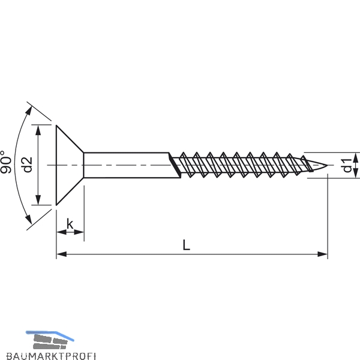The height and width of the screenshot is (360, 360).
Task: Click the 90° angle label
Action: (6, 162)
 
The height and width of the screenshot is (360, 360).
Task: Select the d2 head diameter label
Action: (28, 164)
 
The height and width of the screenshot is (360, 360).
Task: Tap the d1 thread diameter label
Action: (347, 166)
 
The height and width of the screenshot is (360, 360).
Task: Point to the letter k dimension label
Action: (70, 224)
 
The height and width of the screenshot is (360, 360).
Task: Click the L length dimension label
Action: (186, 245)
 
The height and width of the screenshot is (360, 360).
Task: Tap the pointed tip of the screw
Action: (327, 165)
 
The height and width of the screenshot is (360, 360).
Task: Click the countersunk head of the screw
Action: (70, 165)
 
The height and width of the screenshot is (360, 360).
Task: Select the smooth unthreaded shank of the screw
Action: (128, 165)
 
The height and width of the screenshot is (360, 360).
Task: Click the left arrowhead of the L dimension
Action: (62, 254)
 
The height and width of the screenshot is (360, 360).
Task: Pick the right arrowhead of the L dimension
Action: (322, 254)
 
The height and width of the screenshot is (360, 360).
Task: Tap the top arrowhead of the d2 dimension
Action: (38, 130)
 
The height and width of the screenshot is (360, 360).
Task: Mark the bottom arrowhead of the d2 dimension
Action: (38, 200)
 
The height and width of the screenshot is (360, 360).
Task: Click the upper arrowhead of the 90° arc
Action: (29, 111)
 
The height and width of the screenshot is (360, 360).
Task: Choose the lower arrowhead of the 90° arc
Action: (29, 219)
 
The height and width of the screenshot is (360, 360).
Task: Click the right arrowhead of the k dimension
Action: (79, 232)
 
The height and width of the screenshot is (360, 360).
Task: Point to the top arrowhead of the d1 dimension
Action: (355, 157)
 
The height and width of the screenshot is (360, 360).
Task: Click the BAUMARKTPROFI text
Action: (51, 356)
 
